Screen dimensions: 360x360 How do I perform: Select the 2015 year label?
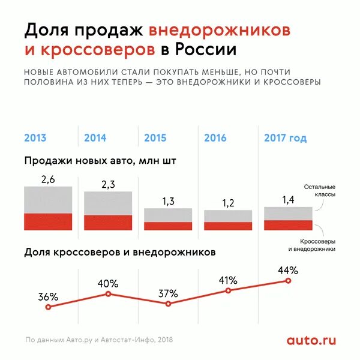(x=155, y=138)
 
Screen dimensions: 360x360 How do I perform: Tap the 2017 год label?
(x=285, y=138)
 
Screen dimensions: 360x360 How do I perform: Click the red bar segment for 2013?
(x=48, y=221)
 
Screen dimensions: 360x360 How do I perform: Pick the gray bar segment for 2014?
(x=108, y=203)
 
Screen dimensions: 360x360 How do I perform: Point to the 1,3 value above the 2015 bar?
(x=168, y=201)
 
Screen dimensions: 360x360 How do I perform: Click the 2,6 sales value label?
(x=48, y=179)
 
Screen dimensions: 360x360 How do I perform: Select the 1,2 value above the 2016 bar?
(x=228, y=203)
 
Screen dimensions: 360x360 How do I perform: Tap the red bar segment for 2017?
(x=288, y=225)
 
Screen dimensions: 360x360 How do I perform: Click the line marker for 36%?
(x=48, y=307)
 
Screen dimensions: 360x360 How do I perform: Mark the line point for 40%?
(x=108, y=293)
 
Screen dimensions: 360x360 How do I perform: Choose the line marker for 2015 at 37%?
(x=168, y=304)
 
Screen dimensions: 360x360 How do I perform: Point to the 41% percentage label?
(x=228, y=280)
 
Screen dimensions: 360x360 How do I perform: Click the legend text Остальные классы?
(x=319, y=191)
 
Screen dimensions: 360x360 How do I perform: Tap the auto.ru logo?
(x=311, y=340)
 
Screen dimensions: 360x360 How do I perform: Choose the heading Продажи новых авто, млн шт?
(x=101, y=161)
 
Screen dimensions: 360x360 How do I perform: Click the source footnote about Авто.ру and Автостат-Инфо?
(x=98, y=340)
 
